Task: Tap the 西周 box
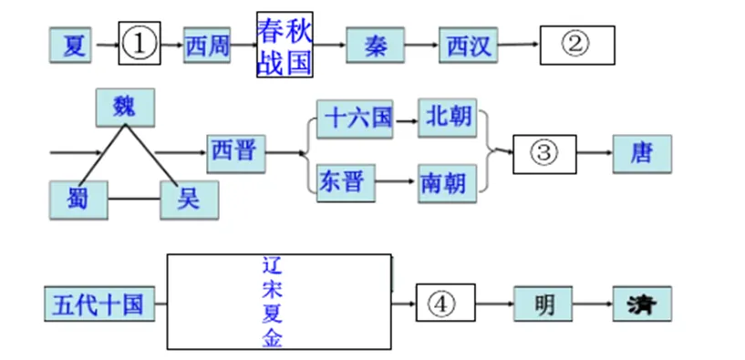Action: coord(207,45)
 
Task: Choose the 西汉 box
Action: coord(468,45)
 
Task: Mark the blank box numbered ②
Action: coord(576,45)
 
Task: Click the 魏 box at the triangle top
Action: coord(125,108)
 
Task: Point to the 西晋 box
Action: coord(235,153)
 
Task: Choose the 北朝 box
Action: coord(448,118)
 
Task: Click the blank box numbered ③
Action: coord(544,153)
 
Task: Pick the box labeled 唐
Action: coord(642,153)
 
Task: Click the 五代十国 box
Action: coord(98,303)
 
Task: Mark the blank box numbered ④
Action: coord(446,303)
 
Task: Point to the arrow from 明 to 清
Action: coord(594,303)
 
